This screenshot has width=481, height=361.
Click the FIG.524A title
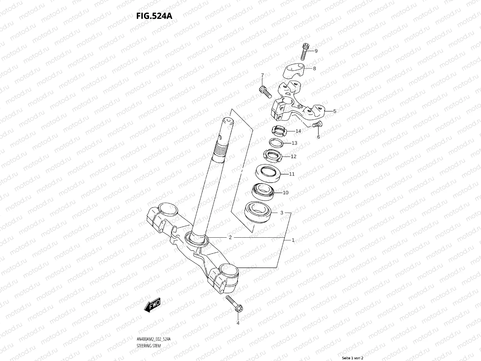point(154,16)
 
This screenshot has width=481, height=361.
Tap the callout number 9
point(316,51)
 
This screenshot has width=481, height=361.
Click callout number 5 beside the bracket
point(335,111)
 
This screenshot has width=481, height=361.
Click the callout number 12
point(293,156)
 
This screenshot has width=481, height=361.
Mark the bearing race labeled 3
point(258,212)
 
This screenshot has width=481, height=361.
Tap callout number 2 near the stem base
point(230,237)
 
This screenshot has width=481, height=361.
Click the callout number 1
point(293,240)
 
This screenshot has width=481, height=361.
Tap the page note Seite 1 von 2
point(353,358)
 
